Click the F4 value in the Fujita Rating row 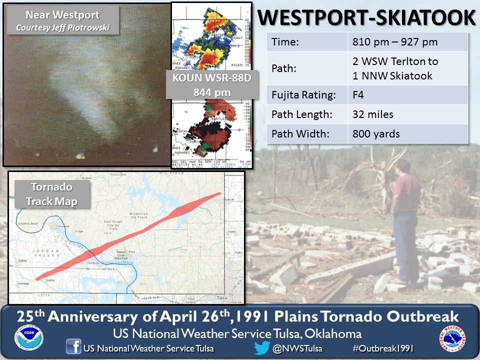(358, 94)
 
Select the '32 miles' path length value (373, 114)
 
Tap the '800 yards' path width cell (376, 134)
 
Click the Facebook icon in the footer (73, 347)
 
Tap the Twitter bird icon (262, 347)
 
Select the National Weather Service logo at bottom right (451, 339)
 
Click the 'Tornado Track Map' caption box (52, 195)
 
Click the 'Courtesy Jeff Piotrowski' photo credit (62, 27)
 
